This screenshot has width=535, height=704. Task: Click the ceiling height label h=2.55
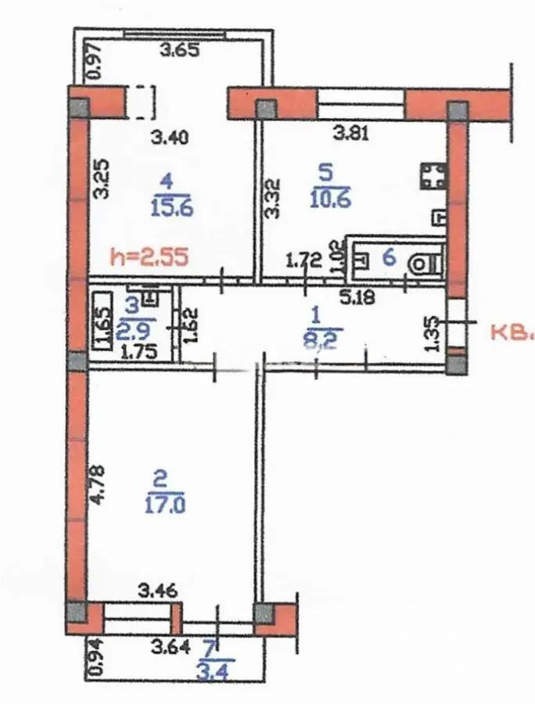point(149,258)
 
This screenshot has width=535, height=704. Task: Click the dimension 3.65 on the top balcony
point(180,52)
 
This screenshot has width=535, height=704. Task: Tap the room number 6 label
point(388,258)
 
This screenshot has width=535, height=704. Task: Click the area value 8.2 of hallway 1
point(316,340)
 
